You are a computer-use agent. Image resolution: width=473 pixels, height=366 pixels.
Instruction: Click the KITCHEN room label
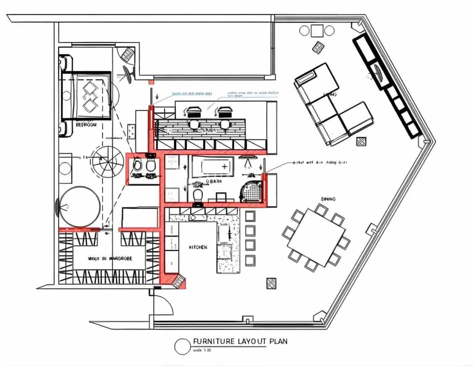(198, 247)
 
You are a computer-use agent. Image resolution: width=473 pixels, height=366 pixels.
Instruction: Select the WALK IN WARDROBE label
(110, 259)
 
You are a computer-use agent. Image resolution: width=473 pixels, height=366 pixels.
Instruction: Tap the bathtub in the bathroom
(213, 166)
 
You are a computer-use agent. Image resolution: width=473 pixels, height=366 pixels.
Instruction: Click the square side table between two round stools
(317, 31)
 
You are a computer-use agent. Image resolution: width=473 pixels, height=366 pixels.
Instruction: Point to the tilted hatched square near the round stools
(318, 47)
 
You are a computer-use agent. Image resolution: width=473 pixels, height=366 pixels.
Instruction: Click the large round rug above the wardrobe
(80, 206)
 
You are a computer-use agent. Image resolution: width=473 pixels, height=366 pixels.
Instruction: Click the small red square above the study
(151, 82)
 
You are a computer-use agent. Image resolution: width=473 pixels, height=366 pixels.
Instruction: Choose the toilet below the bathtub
(198, 196)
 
